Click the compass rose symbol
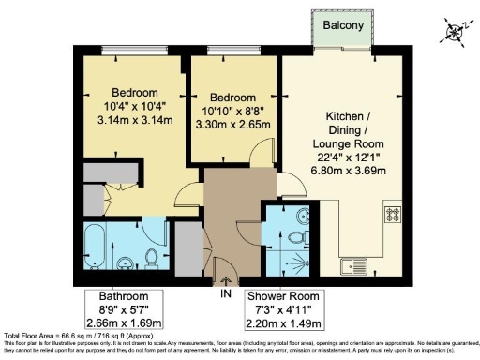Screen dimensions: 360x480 tap(457, 32)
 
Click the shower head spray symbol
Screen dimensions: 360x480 tap(300, 262)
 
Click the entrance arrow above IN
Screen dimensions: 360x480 tap(225, 280)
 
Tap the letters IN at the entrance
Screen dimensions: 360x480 tap(225, 293)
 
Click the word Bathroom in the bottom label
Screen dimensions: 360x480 tap(108, 295)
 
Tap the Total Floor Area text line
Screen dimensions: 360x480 tap(66, 335)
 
